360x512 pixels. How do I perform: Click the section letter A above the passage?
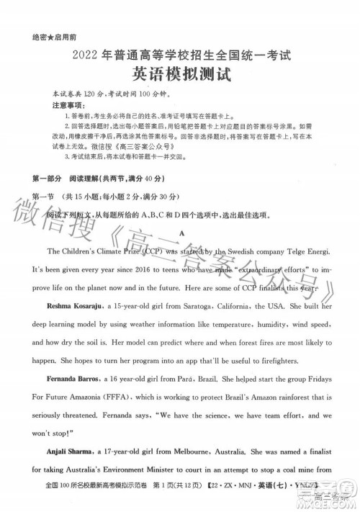click(x=184, y=235)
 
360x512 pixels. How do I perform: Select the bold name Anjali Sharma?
click(x=71, y=453)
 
